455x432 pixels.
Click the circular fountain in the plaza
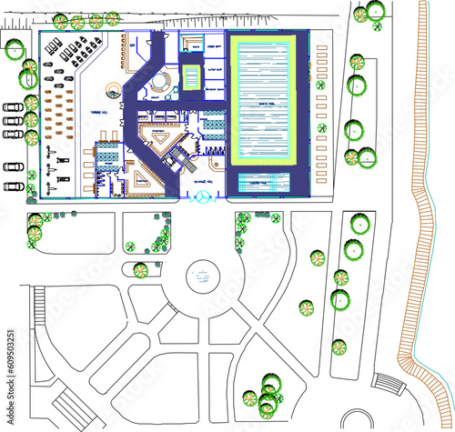pos(203,276)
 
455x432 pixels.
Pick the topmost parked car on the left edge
pos(13,106)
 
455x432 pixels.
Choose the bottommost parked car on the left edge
pos(13,186)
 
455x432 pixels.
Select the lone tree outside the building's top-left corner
pos(13,50)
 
